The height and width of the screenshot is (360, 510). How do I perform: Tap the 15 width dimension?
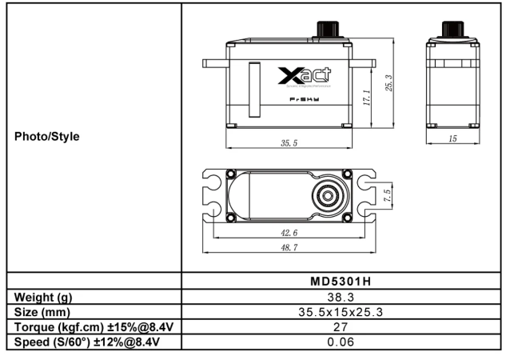click(452, 139)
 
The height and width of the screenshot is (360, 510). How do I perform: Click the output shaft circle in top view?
click(329, 195)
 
